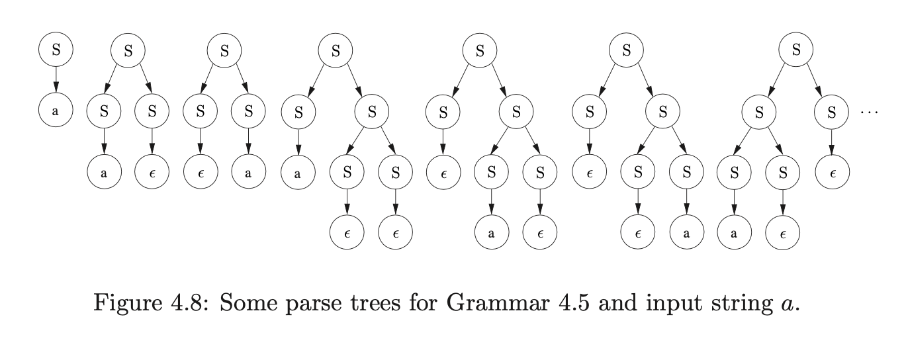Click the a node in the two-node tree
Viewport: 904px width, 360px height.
[55, 112]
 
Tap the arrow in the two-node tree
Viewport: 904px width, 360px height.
[55, 80]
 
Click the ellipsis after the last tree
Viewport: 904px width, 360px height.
[868, 112]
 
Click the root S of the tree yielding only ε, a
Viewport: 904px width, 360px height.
[224, 51]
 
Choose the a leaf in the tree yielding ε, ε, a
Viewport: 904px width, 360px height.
[686, 233]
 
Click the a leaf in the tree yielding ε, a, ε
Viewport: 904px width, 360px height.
[492, 233]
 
